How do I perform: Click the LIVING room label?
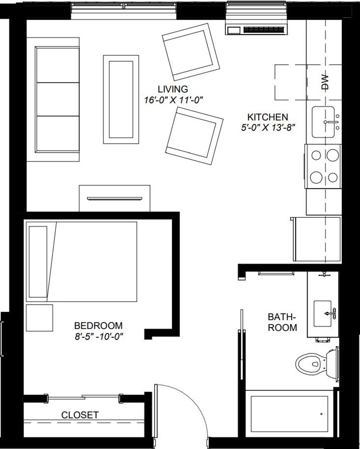point(173,89)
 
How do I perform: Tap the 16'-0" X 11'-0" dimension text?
point(173,100)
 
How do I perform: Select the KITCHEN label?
point(268,117)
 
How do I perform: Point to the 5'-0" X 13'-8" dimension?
point(268,128)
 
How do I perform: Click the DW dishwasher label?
point(325,82)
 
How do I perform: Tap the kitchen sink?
point(324,122)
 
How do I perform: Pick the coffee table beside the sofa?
point(121,99)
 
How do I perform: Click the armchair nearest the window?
point(191,52)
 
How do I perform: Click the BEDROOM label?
point(98,326)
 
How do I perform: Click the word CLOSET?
point(80,415)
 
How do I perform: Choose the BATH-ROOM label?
point(282,322)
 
